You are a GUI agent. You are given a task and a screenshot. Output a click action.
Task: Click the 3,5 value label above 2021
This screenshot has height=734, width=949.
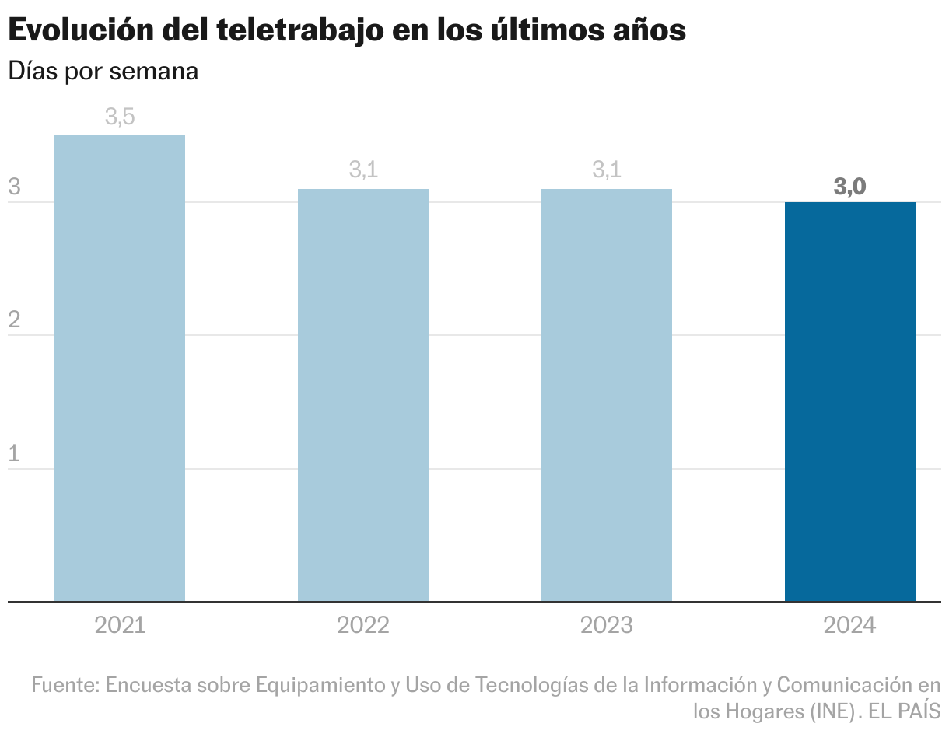[x=120, y=117]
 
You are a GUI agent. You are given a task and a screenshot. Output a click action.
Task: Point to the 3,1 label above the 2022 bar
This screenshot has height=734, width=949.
[x=363, y=170]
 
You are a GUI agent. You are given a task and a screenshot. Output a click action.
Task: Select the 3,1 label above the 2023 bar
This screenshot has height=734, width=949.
[x=607, y=170]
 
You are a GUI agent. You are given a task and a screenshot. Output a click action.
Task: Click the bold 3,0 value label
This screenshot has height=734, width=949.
[x=850, y=187]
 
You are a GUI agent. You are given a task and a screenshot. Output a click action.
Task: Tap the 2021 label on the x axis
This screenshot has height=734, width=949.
[x=120, y=625]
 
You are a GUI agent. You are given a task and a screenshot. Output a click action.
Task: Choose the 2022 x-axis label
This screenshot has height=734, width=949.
[x=363, y=625]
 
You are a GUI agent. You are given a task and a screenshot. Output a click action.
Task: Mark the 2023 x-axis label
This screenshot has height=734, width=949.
[x=607, y=625]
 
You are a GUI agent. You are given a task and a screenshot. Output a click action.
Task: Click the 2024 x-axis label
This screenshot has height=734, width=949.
[x=850, y=625]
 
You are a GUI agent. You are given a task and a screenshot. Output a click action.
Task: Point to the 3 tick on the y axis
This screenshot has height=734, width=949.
[x=14, y=187]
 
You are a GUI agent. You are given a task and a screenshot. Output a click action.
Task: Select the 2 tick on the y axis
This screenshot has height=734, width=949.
[x=14, y=320]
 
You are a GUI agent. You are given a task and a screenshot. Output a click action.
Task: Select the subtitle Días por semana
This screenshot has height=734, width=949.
[x=103, y=71]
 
